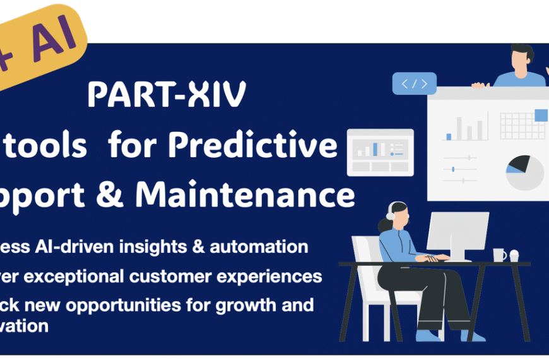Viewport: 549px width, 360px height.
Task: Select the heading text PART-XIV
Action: click(167, 95)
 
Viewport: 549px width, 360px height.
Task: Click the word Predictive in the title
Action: click(271, 146)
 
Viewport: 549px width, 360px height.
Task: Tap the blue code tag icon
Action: click(414, 83)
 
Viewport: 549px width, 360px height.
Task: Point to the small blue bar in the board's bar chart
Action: click(449, 136)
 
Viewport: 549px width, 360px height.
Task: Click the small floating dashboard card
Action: click(381, 152)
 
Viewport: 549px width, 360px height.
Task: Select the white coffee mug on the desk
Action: click(499, 255)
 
